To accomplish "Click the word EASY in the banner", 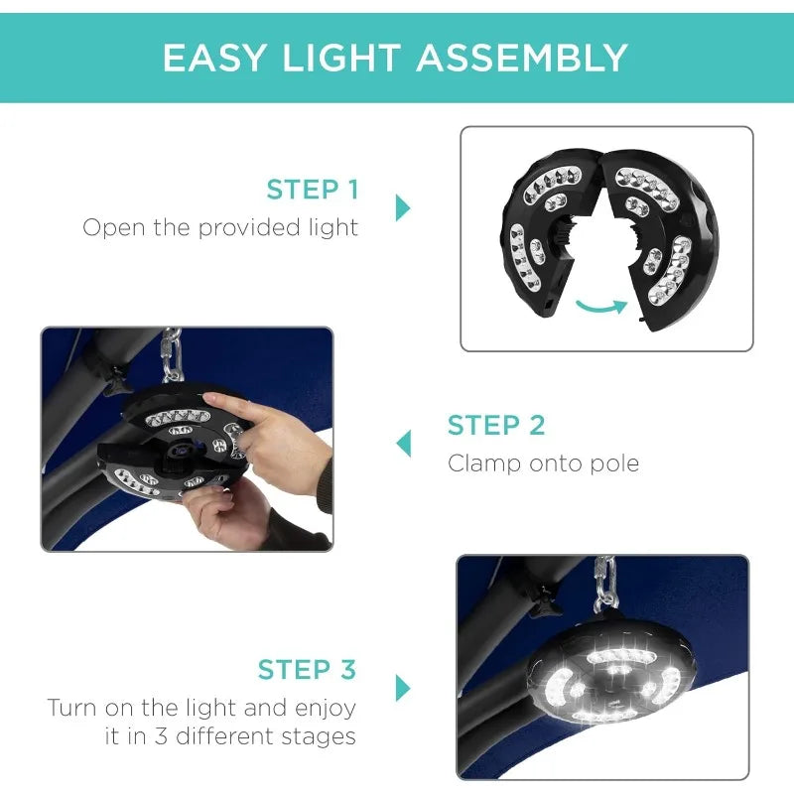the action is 214,58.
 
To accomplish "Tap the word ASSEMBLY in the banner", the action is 522,58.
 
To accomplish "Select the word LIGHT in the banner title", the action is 341,58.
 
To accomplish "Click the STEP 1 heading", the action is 313,190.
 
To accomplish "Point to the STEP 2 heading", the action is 496,425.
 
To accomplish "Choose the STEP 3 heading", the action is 307,669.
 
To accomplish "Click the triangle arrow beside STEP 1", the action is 403,207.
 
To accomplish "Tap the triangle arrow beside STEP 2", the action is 404,444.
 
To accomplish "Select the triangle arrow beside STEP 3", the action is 403,688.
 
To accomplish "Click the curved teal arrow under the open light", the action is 601,307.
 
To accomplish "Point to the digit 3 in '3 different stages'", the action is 162,735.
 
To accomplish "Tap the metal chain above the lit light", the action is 604,583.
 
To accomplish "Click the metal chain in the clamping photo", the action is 172,355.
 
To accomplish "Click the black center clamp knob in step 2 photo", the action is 179,453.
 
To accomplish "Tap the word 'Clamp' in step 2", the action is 484,464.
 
